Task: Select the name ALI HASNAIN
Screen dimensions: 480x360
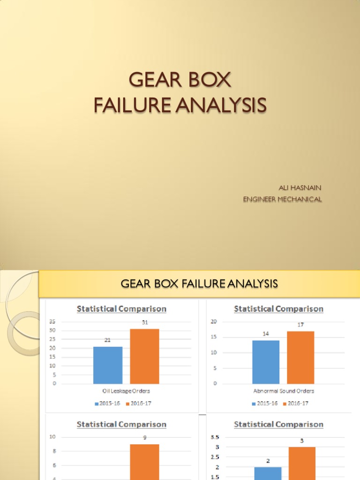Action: pyautogui.click(x=300, y=187)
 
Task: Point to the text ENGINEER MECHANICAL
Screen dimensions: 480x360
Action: pyautogui.click(x=282, y=199)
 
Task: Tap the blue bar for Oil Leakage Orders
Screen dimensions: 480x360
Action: pyautogui.click(x=108, y=365)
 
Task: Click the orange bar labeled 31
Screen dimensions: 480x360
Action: pyautogui.click(x=144, y=356)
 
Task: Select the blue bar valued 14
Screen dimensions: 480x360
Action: pyautogui.click(x=266, y=362)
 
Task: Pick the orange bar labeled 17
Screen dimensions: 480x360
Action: pyautogui.click(x=300, y=357)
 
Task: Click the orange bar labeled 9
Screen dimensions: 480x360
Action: pyautogui.click(x=144, y=462)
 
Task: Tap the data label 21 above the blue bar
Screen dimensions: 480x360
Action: pyautogui.click(x=108, y=340)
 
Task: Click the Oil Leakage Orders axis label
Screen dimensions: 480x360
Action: pyautogui.click(x=126, y=391)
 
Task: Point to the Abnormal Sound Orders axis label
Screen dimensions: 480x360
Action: pyautogui.click(x=283, y=391)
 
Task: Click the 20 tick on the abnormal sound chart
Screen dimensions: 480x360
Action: pyautogui.click(x=213, y=322)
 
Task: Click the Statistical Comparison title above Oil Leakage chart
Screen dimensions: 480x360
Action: pyautogui.click(x=121, y=309)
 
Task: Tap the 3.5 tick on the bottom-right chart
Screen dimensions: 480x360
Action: pyautogui.click(x=215, y=437)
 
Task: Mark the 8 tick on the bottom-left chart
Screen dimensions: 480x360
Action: pyautogui.click(x=54, y=451)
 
